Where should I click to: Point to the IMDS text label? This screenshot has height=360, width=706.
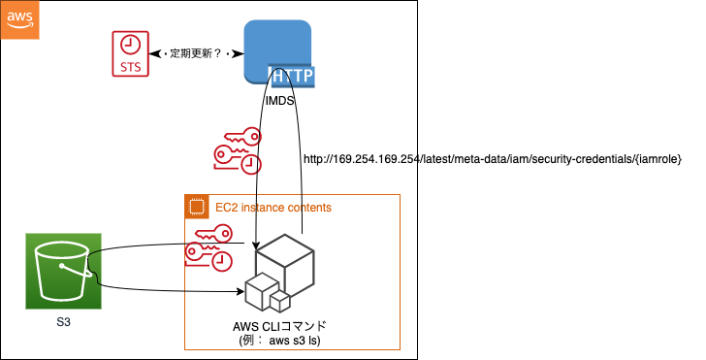(x=280, y=100)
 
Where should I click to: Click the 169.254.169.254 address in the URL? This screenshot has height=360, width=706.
(x=376, y=159)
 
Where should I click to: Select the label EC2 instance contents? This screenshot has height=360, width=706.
(x=273, y=208)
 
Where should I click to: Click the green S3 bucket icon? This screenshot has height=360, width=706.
(x=61, y=270)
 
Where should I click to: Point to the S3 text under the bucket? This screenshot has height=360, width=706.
(x=61, y=321)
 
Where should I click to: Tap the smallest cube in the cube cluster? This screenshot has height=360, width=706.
(x=280, y=300)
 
